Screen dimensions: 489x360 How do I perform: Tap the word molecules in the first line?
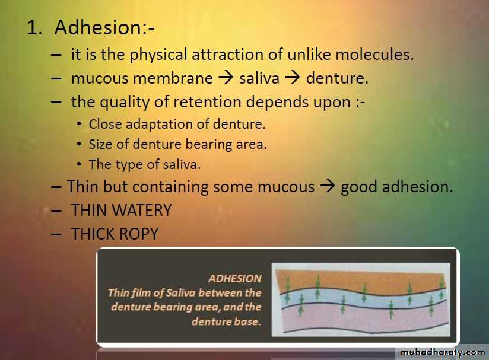click(374, 54)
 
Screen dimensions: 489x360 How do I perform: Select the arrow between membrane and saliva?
click(226, 78)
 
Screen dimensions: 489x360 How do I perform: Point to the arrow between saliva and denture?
click(293, 78)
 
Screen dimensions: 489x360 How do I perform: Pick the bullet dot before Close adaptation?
click(79, 124)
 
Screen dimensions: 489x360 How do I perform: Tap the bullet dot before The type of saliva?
click(79, 164)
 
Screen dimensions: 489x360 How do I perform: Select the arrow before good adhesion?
click(328, 186)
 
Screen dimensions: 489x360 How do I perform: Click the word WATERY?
click(142, 210)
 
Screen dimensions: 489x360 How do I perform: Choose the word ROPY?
click(139, 234)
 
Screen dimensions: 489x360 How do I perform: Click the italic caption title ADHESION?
click(235, 278)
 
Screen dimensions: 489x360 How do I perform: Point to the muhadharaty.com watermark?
click(443, 352)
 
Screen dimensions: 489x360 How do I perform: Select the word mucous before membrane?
click(100, 78)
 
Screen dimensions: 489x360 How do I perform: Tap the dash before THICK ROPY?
click(56, 234)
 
